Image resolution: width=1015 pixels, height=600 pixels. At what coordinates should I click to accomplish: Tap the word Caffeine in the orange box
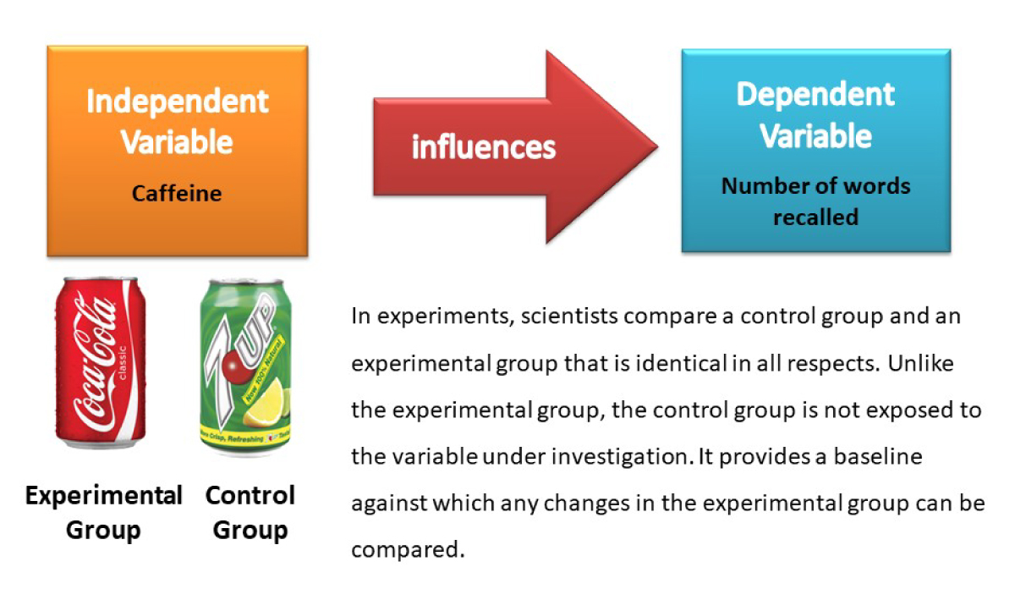177,194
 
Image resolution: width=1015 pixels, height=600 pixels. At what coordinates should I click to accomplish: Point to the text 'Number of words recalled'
815,201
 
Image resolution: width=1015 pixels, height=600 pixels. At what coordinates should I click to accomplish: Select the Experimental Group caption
103,513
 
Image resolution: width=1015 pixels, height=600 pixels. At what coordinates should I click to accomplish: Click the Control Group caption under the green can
250,513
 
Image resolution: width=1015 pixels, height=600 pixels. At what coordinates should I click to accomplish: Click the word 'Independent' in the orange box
177,102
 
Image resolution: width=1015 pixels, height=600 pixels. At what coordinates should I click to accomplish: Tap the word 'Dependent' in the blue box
815,94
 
